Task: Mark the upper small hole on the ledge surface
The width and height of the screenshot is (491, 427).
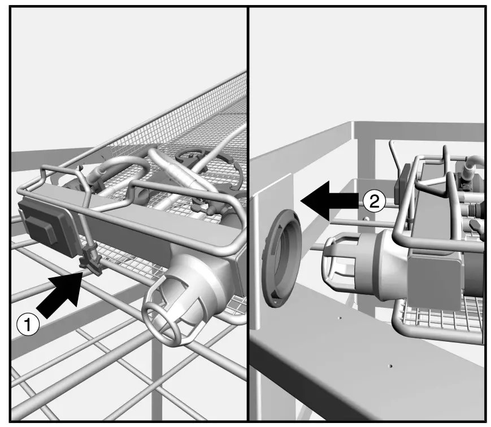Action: tap(340, 318)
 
